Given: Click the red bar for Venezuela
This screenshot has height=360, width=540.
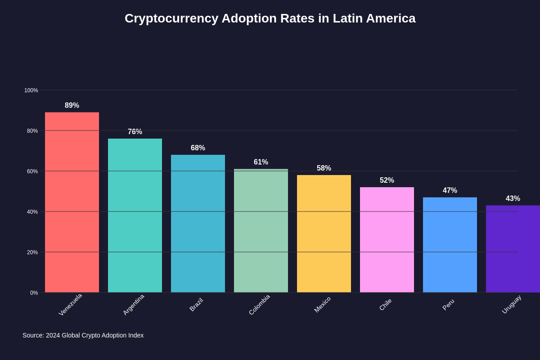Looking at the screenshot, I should [x=72, y=202].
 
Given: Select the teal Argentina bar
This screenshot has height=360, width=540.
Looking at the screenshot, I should [x=135, y=216].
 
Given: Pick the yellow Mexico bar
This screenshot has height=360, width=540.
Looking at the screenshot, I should [x=324, y=234].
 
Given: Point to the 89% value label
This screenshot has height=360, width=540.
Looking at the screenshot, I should [x=72, y=105].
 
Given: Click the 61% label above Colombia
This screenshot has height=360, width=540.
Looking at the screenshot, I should [x=261, y=162].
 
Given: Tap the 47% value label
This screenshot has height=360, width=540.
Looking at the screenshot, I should [x=450, y=190].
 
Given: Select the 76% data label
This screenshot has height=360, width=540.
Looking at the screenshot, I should [x=135, y=132].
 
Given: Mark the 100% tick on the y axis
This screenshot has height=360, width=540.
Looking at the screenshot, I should [x=31, y=90].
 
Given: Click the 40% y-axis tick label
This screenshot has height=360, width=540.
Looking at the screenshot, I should [x=32, y=212].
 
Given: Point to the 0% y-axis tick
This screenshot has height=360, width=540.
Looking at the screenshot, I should [x=34, y=293].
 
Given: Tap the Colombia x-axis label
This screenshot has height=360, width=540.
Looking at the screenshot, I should [x=260, y=305].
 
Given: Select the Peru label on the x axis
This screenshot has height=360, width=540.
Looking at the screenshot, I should [x=448, y=305].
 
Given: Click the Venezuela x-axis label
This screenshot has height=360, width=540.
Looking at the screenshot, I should [x=71, y=305].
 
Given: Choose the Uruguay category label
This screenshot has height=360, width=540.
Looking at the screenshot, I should [x=512, y=305].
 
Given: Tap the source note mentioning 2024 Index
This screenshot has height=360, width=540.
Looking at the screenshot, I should [x=83, y=335].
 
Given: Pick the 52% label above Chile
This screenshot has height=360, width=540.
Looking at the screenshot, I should [x=387, y=180].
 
